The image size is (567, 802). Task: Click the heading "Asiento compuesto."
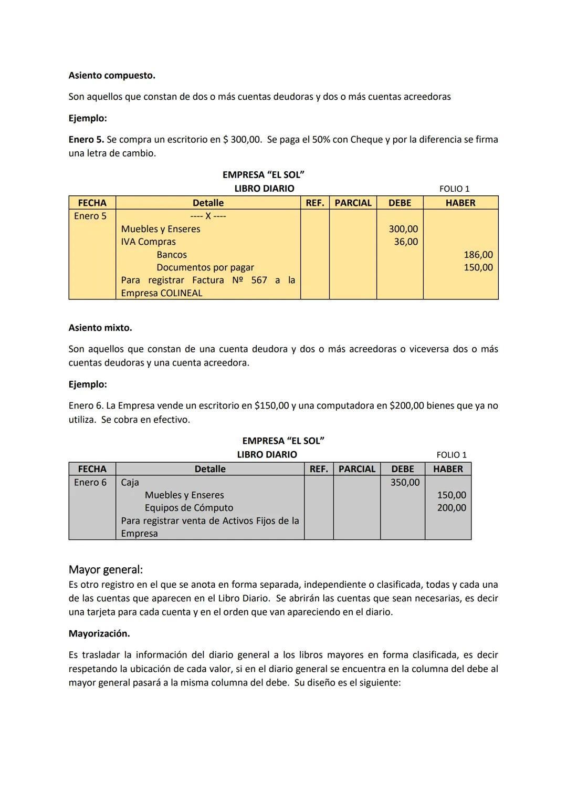[x=112, y=76]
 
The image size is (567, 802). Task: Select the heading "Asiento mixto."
[x=100, y=328]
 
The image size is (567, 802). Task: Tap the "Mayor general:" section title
[x=106, y=569]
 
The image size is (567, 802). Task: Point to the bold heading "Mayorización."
[x=99, y=633]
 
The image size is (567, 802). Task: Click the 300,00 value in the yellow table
[x=403, y=229]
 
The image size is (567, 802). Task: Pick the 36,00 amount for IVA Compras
[x=406, y=242]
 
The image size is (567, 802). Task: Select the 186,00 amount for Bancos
[x=478, y=255]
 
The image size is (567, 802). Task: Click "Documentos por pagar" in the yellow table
[x=205, y=267]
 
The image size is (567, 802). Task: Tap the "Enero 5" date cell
[x=90, y=216]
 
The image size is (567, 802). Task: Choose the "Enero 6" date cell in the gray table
[x=90, y=482]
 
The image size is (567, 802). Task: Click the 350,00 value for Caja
[x=405, y=482]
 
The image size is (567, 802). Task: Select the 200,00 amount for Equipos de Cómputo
[x=451, y=508]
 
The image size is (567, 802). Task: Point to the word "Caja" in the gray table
[x=130, y=482]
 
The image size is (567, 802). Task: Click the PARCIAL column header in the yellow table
[x=353, y=203]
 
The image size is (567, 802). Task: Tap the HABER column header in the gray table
[x=448, y=469]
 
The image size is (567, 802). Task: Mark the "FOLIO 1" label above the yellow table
[x=454, y=189]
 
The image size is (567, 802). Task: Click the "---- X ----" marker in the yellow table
[x=208, y=216]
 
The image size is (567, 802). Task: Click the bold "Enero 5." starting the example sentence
[x=86, y=140]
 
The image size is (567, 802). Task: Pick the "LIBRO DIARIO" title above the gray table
[x=267, y=455]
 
